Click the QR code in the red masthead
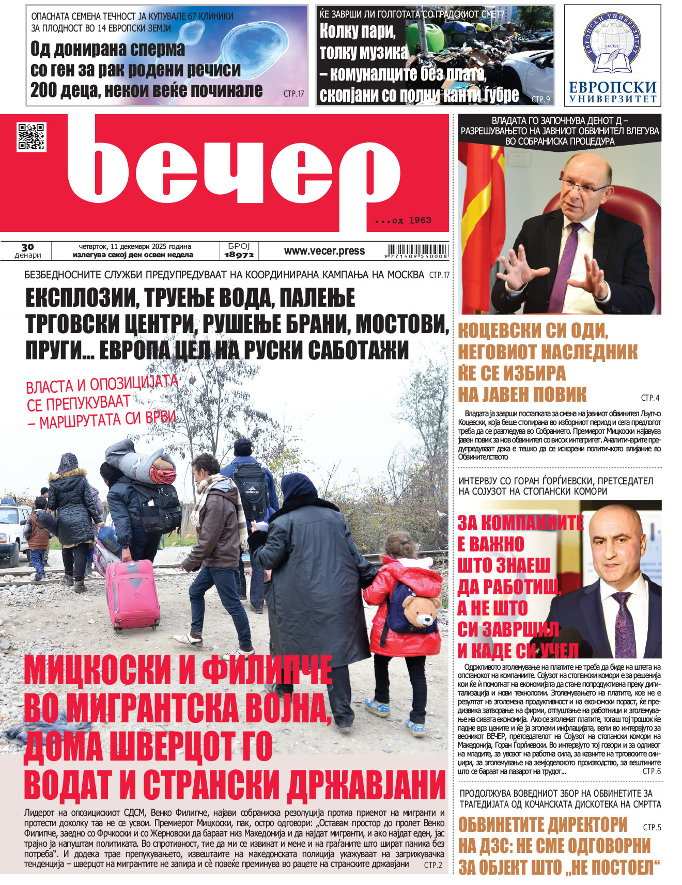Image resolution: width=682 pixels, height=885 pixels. [x=31, y=137]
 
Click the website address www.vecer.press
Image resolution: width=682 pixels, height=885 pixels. [x=324, y=251]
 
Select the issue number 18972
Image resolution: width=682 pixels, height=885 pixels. [x=239, y=254]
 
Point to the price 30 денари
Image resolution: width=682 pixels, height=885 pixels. [x=27, y=251]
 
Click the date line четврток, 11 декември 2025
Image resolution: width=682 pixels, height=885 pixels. [x=135, y=246]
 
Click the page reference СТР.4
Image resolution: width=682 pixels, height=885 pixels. [x=650, y=398]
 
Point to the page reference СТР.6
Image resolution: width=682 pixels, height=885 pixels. [x=651, y=771]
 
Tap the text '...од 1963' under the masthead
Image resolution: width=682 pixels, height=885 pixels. [x=404, y=220]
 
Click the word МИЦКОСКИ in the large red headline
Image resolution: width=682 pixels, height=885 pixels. [x=97, y=669]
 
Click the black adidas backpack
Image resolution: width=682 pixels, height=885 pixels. [x=252, y=490]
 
